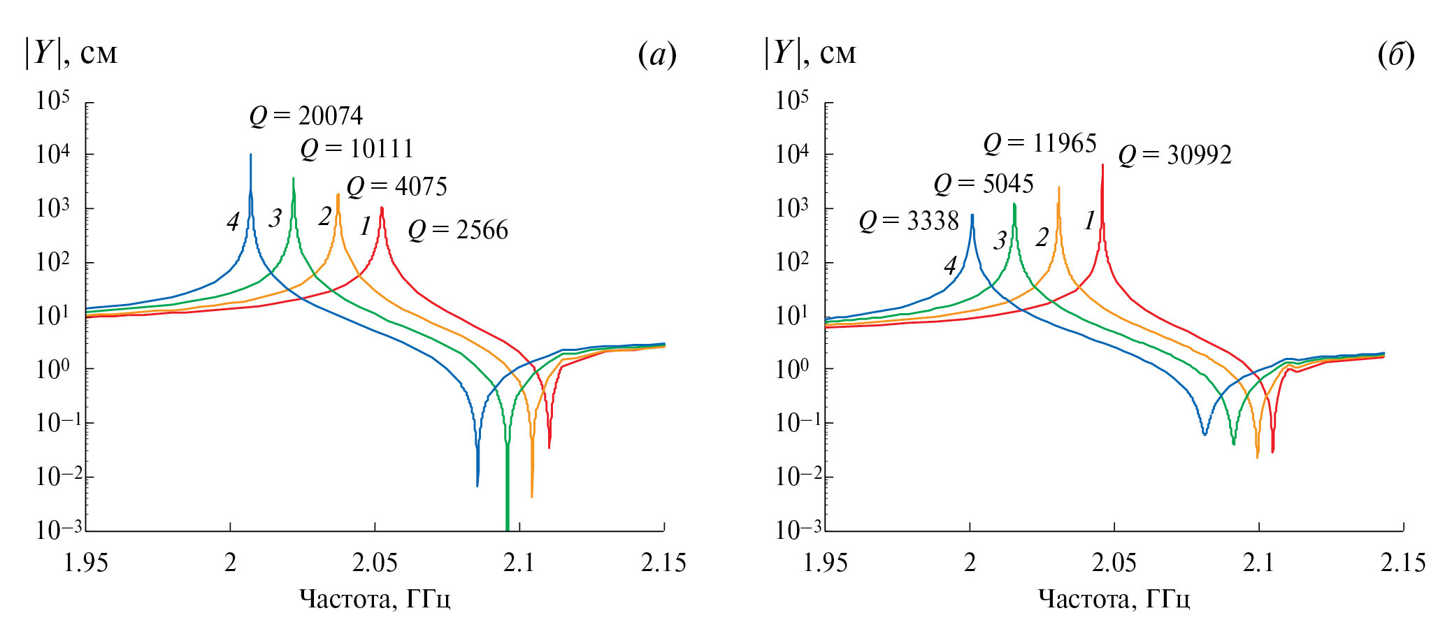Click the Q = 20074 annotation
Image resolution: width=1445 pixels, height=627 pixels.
coord(306,116)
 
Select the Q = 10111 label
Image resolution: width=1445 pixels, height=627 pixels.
coord(357,149)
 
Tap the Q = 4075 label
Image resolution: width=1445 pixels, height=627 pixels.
coord(396,187)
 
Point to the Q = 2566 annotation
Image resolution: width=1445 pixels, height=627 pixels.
coord(458,230)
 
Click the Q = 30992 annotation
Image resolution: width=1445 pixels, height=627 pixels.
coord(1174,155)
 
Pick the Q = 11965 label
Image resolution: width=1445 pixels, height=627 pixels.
coord(1040,143)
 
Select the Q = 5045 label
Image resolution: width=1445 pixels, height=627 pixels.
coord(983,184)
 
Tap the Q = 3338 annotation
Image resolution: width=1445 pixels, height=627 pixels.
coord(908,221)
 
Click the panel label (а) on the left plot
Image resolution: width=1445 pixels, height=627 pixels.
coord(657,55)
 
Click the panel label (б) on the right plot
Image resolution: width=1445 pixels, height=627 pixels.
coord(1395,55)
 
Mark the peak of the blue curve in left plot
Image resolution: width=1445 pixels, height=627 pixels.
coord(251,155)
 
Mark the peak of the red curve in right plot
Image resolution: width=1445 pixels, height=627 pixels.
coord(1102,165)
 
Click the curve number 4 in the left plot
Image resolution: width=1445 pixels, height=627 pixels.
coord(233,222)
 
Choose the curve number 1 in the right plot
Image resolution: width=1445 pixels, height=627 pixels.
coord(1089,221)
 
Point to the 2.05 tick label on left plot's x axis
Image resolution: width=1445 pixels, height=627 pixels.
coord(375,563)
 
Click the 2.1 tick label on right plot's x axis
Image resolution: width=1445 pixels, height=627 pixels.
coord(1258,563)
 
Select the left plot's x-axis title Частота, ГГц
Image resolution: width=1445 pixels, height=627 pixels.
coord(375,599)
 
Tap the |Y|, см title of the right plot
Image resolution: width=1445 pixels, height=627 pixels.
coord(810,53)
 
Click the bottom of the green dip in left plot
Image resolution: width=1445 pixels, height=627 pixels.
coord(507,528)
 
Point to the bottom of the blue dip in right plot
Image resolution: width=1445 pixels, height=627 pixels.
coord(1205,435)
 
